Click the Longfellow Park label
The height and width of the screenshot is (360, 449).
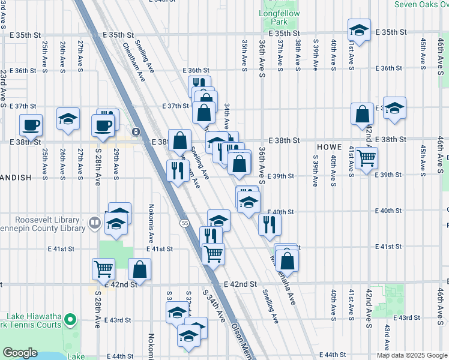(x=275, y=17)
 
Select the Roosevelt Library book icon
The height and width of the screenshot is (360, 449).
(x=94, y=224)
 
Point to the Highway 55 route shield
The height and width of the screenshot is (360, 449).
(x=184, y=223)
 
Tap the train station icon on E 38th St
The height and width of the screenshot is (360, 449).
(x=136, y=131)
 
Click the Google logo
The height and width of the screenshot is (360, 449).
(x=20, y=353)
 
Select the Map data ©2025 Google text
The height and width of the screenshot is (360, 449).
(x=411, y=355)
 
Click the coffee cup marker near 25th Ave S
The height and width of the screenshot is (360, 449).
(x=31, y=125)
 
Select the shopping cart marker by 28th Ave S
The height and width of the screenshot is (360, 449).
(x=103, y=269)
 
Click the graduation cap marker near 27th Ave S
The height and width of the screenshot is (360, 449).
(x=68, y=119)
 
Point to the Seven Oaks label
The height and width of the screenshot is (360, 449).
(x=420, y=4)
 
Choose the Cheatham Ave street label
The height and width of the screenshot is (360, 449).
(x=134, y=61)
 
